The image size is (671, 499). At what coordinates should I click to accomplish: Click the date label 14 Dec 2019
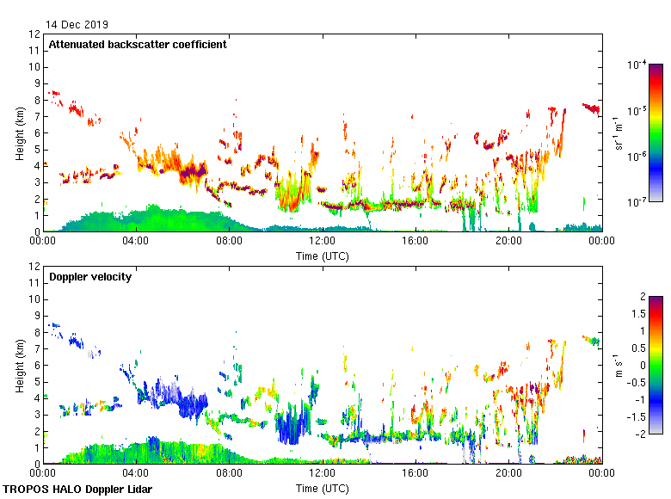pos(77,24)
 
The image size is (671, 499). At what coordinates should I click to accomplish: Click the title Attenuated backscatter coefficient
pos(138,45)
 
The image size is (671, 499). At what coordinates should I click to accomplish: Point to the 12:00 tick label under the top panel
pos(322,242)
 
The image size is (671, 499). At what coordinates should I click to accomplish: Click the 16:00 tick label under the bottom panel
pos(415,473)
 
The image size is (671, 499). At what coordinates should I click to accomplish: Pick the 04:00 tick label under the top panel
pos(136,242)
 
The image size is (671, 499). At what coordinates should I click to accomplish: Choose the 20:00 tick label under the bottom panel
pos(508,473)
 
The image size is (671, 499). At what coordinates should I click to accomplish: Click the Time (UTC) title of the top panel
pos(322,256)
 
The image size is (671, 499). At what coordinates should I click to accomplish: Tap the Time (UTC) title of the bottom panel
pos(322,488)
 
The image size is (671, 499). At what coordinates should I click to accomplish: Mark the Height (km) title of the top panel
pos(19,132)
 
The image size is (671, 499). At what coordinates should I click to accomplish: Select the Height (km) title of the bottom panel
pos(19,365)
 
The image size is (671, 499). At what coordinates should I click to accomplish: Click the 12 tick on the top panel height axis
pos(34,34)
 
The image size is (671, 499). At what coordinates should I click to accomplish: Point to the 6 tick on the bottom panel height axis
pos(37,365)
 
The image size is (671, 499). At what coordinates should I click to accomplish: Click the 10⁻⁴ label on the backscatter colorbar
pos(637,65)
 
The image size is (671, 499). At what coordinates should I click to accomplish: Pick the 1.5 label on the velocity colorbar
pos(636,314)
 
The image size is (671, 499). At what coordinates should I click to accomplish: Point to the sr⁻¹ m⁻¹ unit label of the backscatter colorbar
pos(619,132)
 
